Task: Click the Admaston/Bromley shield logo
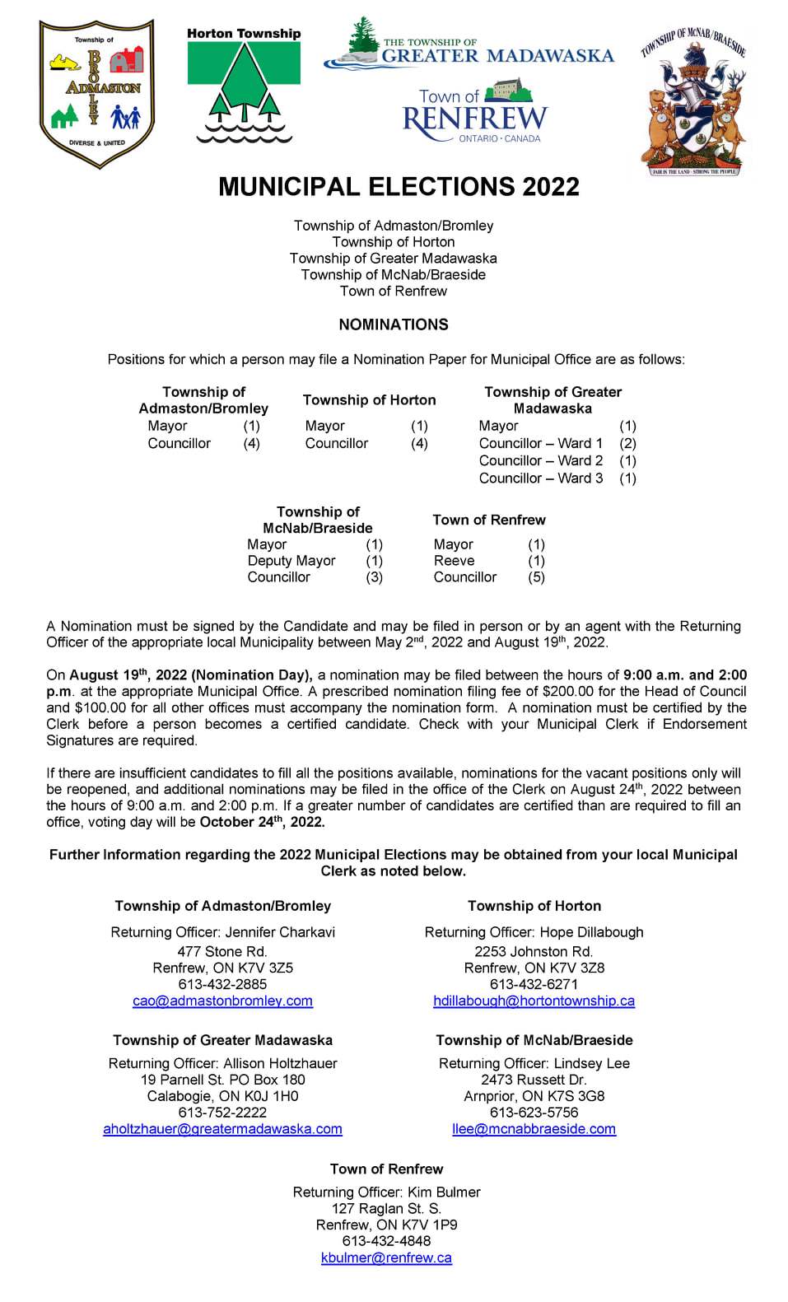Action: (x=97, y=93)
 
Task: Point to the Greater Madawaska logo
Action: (x=469, y=46)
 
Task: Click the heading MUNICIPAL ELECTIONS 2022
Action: (x=399, y=186)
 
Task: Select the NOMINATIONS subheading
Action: (x=394, y=324)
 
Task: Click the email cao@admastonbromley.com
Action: (x=222, y=1001)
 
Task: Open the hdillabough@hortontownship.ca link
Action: (x=534, y=1001)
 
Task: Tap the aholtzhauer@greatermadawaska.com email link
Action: (x=222, y=1129)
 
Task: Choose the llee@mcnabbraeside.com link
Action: (x=534, y=1129)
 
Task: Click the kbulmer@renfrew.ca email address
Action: (x=386, y=1258)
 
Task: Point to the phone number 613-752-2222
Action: (x=222, y=1113)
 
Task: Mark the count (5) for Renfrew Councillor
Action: (x=536, y=577)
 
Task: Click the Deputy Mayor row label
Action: (x=291, y=561)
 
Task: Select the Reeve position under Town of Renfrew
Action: (x=454, y=561)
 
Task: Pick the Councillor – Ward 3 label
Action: (x=540, y=478)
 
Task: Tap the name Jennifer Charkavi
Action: (x=280, y=932)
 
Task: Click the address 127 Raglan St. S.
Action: (x=386, y=1208)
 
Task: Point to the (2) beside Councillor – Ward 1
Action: (x=627, y=443)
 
